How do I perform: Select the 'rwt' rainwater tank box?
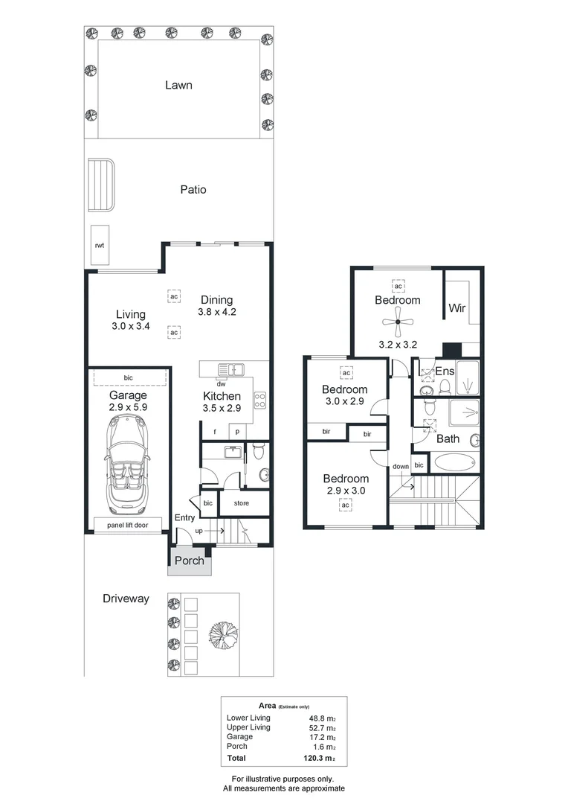[x=99, y=245]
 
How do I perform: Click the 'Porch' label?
[x=189, y=561]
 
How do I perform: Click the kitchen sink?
[x=232, y=368]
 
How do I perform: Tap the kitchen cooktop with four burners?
[x=260, y=401]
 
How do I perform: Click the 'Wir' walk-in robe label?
[x=456, y=308]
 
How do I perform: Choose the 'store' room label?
[x=242, y=503]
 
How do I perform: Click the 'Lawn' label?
[x=178, y=85]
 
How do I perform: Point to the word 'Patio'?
[x=193, y=190]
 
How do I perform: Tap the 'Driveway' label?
[x=126, y=599]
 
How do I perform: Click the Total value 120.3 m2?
[x=322, y=759]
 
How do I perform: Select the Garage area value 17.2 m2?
[x=322, y=736]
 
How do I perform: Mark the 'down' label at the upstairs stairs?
[x=401, y=467]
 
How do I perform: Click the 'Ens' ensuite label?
[x=445, y=371]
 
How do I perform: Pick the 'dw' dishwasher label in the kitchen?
[x=222, y=384]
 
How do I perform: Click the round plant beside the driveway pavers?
[x=223, y=634]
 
